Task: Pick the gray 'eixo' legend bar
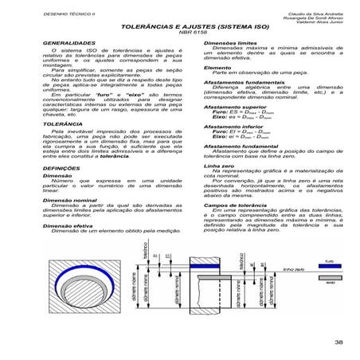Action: [330, 280]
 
